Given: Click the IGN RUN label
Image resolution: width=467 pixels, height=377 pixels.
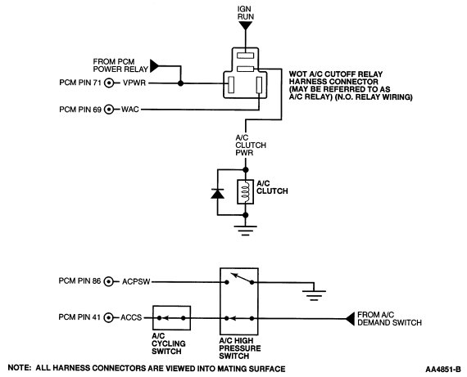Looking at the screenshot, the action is [246, 13].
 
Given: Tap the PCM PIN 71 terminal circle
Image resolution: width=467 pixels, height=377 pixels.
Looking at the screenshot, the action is [109, 83].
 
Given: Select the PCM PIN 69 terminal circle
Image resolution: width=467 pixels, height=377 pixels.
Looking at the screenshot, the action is [109, 110].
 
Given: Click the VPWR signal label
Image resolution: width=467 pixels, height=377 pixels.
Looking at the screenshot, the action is [134, 83].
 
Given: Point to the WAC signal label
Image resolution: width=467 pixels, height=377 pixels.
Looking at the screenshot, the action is [129, 110].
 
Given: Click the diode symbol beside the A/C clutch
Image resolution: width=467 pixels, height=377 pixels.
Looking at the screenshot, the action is [217, 194].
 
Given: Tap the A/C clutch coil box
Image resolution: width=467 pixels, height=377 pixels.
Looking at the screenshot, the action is [246, 191].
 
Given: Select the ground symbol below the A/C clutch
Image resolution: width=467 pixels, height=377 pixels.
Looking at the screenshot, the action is [246, 231].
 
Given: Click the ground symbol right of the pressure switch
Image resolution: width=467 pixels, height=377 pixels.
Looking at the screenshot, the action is [314, 295].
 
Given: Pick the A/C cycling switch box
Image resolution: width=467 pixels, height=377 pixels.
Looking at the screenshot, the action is [171, 318].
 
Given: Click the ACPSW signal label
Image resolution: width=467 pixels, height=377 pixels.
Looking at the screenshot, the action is [136, 281].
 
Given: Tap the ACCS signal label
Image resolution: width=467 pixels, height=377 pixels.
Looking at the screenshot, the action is [131, 317].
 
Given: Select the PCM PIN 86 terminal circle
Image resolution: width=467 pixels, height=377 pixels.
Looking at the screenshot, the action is [108, 281].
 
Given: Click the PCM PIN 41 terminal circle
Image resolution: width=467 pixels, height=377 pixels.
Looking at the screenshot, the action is [108, 318].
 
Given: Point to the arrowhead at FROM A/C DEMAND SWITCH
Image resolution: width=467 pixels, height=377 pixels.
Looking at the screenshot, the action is [350, 319].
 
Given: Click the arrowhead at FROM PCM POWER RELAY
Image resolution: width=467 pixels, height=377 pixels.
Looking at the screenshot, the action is [155, 65].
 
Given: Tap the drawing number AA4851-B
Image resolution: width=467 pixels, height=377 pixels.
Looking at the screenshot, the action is [443, 370].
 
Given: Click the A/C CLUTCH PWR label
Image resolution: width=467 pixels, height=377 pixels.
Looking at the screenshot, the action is [251, 145].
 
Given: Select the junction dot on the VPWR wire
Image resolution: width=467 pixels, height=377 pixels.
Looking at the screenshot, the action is [180, 83].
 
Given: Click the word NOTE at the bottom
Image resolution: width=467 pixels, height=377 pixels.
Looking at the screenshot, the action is [20, 368].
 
